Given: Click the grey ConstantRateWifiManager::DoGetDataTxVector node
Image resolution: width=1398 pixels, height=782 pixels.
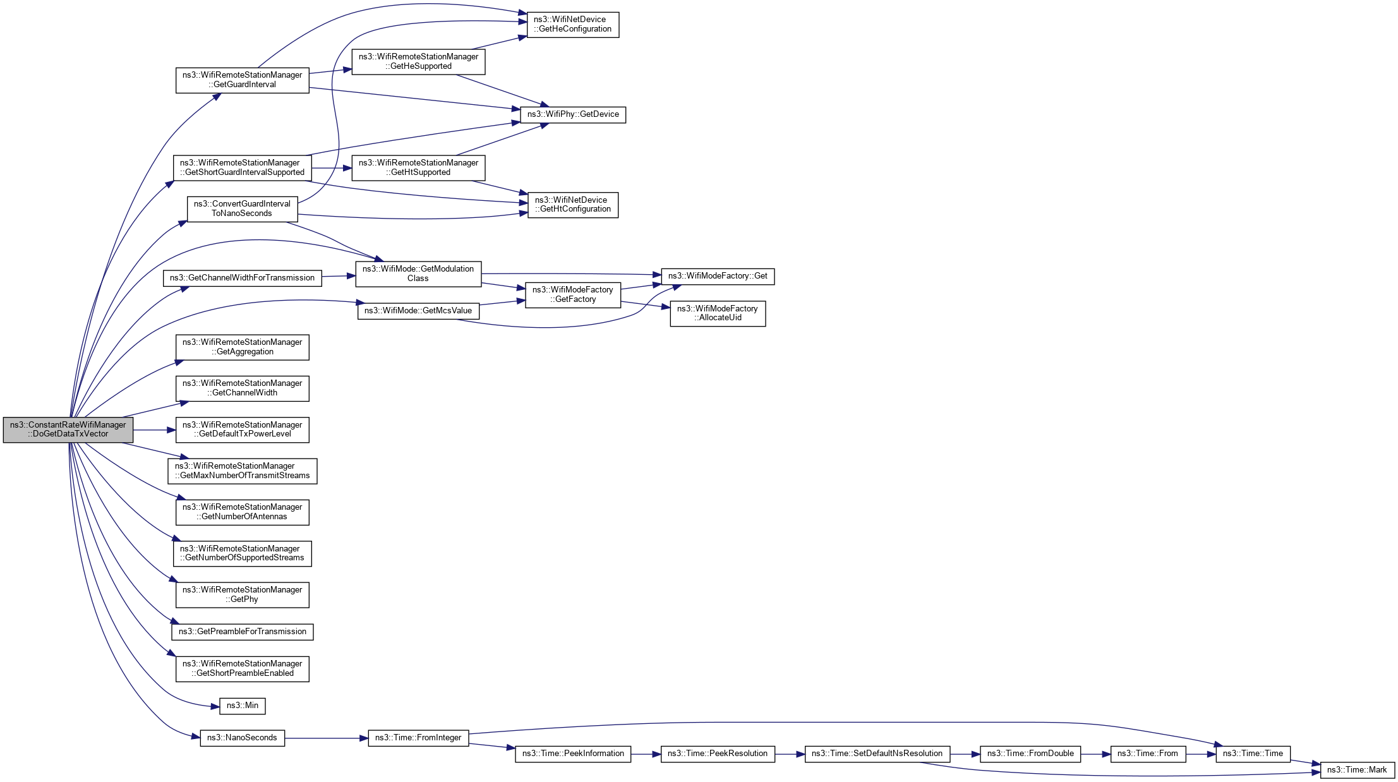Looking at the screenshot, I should coord(68,430).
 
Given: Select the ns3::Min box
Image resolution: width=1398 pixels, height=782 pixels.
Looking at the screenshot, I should coord(242,706).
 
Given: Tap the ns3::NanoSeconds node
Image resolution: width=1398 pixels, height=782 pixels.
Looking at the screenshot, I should coord(242,738).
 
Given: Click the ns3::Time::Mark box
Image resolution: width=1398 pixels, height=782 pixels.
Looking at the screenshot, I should coord(1357,770).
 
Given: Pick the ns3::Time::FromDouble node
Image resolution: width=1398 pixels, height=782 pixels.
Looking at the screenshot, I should coord(1030,754).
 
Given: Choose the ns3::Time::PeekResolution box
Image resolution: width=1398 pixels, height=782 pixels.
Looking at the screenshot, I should coord(717,754).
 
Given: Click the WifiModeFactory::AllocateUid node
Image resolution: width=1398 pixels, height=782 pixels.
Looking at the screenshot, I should coord(717,313).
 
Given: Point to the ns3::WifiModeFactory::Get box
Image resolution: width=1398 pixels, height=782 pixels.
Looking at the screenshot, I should coord(717,276).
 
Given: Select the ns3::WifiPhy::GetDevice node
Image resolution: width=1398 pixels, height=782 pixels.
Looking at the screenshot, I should coord(573,114).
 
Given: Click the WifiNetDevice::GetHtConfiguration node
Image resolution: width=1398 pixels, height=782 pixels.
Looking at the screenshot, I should coord(572,205).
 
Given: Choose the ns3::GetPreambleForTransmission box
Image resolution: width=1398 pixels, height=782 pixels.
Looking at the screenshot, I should coord(242,632).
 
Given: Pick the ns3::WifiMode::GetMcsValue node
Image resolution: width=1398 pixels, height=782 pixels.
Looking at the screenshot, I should coord(418,311).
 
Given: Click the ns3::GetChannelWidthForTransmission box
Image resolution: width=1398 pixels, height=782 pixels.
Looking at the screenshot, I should coord(242,278).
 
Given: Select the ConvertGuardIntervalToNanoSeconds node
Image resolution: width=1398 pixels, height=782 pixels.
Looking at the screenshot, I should coord(242,208).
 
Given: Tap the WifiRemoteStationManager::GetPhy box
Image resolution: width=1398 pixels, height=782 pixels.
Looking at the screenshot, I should coord(242,594).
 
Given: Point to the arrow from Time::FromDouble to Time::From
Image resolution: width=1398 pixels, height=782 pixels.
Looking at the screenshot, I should coord(1095,754).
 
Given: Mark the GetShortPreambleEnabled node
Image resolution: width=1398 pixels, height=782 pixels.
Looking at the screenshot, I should coord(242,668).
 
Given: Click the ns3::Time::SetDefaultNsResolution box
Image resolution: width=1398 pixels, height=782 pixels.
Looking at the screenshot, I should coord(877,754).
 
